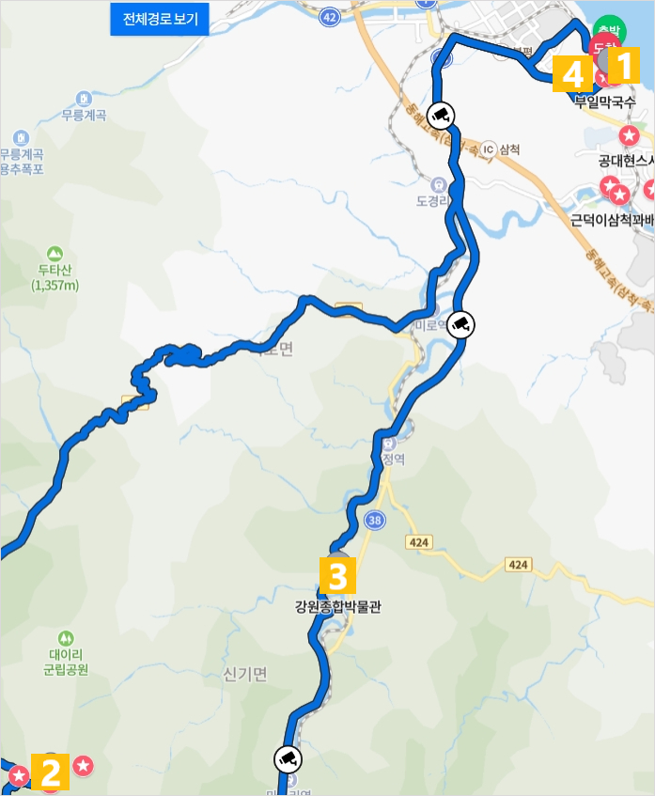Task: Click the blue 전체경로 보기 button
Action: (160, 20)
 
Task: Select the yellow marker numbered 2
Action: (51, 773)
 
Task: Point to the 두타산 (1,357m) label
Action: (55, 278)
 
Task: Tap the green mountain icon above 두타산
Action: (55, 254)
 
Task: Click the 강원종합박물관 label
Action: (337, 607)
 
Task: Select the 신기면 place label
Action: (245, 674)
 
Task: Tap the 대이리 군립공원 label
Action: (65, 663)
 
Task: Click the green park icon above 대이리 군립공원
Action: (65, 638)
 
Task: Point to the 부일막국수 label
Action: (605, 101)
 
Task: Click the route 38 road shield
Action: (375, 519)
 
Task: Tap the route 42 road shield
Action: (328, 17)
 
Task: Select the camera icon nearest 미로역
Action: (460, 324)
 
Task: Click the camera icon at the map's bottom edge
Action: (289, 757)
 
